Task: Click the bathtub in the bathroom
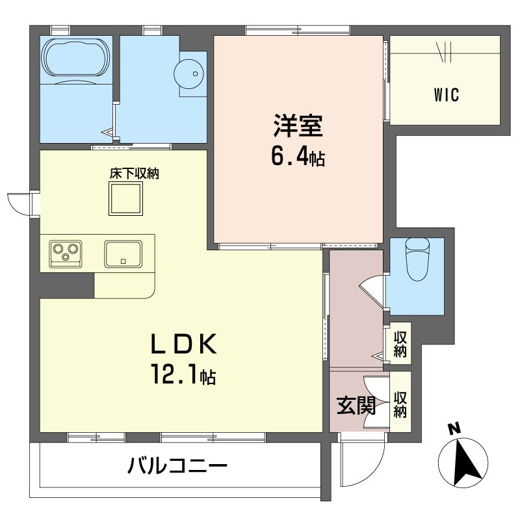(x=75, y=57)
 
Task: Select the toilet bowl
(x=417, y=259)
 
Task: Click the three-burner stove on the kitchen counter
(x=66, y=254)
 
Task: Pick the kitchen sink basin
(x=123, y=254)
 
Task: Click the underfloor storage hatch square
(x=125, y=198)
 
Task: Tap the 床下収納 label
(x=135, y=174)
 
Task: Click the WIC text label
(x=447, y=95)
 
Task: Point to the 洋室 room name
(x=298, y=125)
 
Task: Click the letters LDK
(x=184, y=344)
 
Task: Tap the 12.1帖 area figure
(x=184, y=374)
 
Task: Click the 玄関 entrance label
(x=356, y=405)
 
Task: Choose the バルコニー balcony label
(x=177, y=466)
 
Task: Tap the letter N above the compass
(x=454, y=429)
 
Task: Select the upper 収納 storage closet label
(x=400, y=344)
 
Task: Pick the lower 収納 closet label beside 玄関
(x=400, y=404)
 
